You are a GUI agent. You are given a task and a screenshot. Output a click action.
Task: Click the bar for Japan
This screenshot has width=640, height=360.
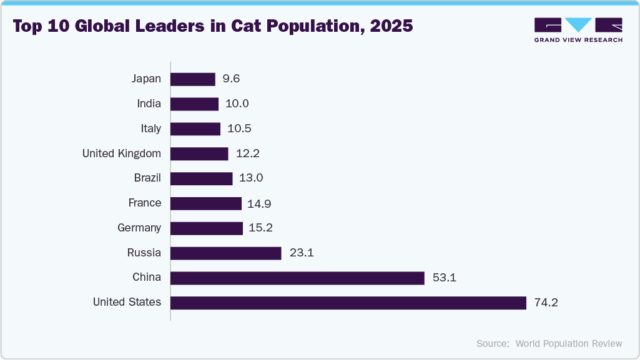coord(193,79)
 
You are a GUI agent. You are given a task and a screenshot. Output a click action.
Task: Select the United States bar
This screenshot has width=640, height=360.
coord(348,303)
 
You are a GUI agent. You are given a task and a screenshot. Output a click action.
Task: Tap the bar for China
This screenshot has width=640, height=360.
coord(297,278)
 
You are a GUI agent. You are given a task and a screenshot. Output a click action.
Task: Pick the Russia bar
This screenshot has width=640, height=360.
coord(226,253)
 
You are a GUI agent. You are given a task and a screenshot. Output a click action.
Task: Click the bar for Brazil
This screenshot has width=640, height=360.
coord(202,178)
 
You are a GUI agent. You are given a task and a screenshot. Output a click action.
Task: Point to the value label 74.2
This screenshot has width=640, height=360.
coord(546,303)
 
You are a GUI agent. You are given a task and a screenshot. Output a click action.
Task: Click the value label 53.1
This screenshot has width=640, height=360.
coord(444,278)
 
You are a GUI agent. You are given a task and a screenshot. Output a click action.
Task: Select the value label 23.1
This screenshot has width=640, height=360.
coord(301,253)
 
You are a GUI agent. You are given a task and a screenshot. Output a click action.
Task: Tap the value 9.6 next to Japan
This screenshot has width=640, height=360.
coord(231,79)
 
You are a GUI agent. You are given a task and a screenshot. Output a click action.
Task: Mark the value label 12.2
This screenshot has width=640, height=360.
coord(247,153)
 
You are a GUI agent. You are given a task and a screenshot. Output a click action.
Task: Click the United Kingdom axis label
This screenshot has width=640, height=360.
coord(122,153)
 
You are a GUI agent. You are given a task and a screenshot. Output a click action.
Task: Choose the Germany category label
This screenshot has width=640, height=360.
coord(139,228)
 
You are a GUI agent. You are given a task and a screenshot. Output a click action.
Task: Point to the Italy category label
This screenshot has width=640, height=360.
coord(150,129)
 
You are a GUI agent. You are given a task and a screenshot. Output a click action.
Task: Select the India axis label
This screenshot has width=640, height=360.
coord(149,104)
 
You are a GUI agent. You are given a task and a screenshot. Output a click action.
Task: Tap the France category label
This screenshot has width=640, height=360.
coord(145,203)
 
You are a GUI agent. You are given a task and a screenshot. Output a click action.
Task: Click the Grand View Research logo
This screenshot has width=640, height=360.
coord(578,30)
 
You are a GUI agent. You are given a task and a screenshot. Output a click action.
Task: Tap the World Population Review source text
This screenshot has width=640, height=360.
coord(569,343)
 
